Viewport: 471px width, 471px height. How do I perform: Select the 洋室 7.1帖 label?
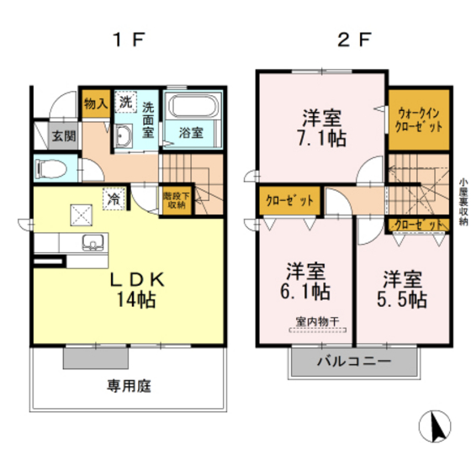(320, 125)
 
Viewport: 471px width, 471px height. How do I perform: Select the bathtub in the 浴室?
(192, 110)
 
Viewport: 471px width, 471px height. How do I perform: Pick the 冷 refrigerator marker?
(111, 198)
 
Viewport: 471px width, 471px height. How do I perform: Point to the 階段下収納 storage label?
(174, 199)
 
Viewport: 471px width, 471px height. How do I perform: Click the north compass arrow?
(437, 426)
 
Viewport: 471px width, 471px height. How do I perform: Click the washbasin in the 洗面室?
(124, 137)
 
